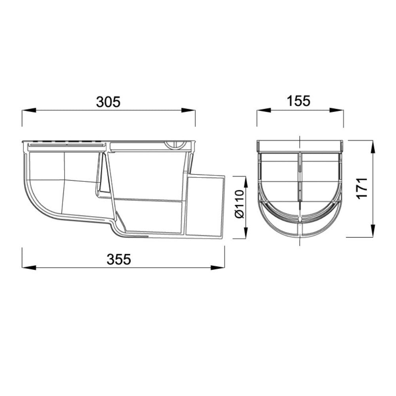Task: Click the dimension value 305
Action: [108, 102]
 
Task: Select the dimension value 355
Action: [118, 259]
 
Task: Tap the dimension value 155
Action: [299, 101]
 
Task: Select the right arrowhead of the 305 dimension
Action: [188, 110]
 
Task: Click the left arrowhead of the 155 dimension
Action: [264, 110]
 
